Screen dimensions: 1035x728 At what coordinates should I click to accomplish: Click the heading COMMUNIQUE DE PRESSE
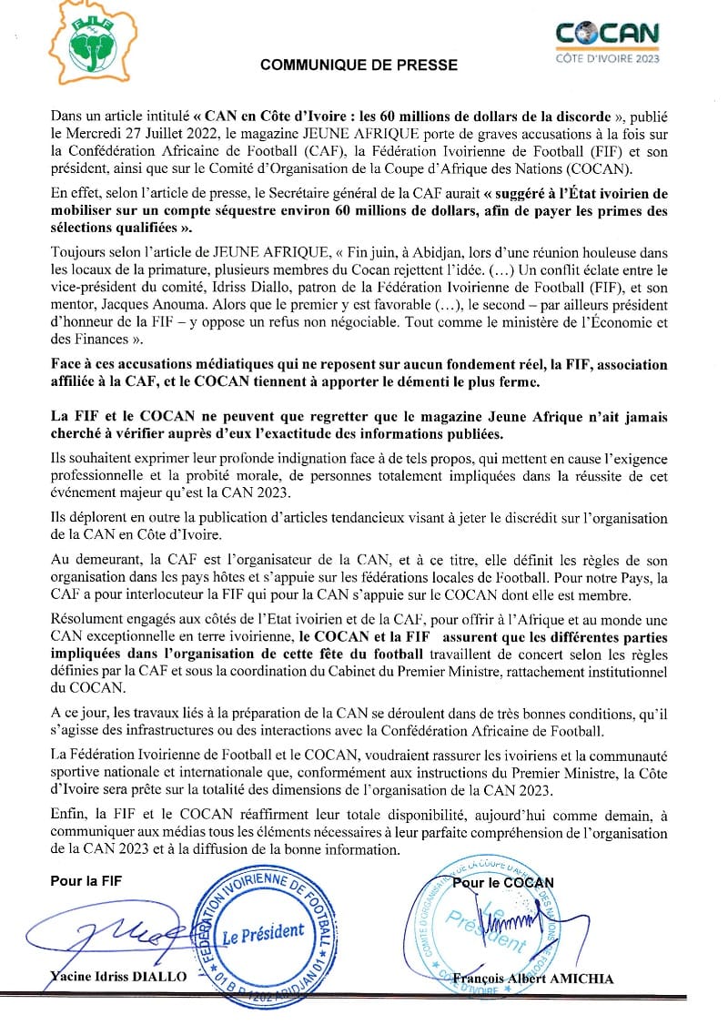(359, 66)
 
